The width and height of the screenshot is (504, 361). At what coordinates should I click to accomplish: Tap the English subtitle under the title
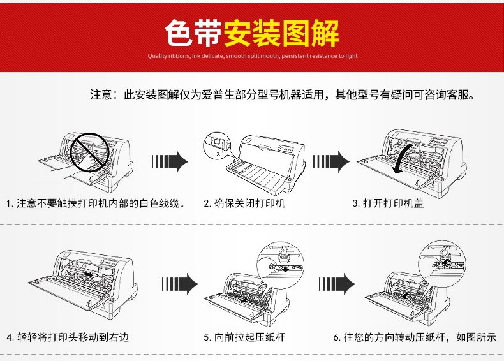coord(253,56)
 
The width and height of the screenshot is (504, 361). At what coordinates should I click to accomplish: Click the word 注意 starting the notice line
coord(101,96)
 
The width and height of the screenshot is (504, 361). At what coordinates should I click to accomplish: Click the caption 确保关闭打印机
coord(244,203)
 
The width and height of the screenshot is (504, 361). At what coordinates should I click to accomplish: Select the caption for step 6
coord(414,337)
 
